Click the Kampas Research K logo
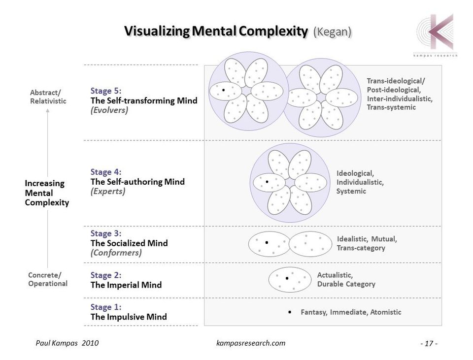[436, 33]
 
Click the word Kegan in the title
[333, 32]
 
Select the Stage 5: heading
[106, 91]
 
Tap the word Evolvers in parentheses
[109, 110]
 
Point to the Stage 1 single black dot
[290, 312]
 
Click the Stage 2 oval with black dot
[290, 280]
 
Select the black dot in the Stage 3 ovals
[267, 242]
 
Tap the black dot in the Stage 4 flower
[267, 182]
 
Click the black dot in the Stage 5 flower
[224, 90]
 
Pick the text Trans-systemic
[391, 107]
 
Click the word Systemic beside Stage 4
[351, 191]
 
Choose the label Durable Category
[346, 284]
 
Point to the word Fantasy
[314, 312]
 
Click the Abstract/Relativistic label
[48, 97]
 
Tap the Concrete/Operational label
[48, 279]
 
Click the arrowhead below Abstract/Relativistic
[48, 110]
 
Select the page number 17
[429, 343]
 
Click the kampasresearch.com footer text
[251, 343]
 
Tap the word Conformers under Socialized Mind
[116, 253]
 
